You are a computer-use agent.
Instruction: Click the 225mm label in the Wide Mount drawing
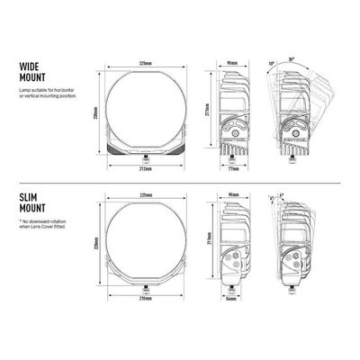[145, 62]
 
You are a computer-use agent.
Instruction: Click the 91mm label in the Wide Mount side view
[233, 63]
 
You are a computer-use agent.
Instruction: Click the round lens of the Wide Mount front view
[144, 108]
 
